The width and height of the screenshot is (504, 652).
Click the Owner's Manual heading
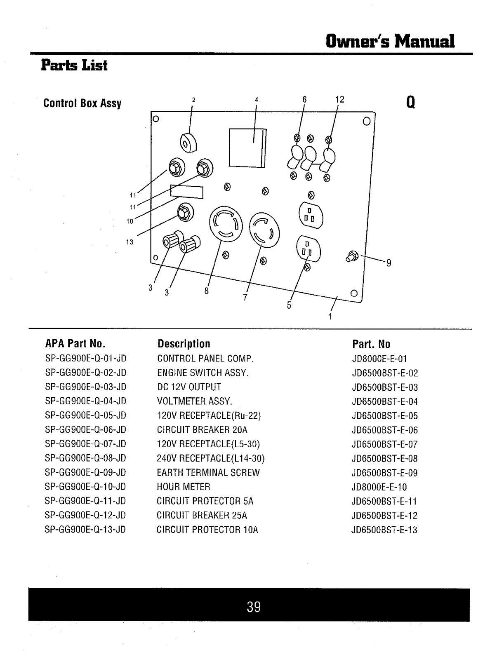click(390, 41)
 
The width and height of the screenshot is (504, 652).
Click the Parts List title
click(74, 66)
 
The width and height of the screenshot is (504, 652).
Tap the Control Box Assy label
click(82, 103)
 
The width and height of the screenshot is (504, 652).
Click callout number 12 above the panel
click(339, 100)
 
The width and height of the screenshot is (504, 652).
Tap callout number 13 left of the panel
click(130, 242)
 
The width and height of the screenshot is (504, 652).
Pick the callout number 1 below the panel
click(330, 317)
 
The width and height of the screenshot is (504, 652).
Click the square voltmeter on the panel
click(247, 148)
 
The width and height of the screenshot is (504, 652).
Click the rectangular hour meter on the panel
click(187, 192)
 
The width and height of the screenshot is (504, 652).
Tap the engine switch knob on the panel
click(188, 142)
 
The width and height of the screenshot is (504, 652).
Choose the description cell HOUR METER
click(184, 487)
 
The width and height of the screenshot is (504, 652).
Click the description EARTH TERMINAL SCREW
click(208, 473)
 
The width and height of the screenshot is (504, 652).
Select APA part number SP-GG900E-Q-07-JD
click(85, 444)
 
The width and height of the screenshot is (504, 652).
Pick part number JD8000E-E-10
click(379, 487)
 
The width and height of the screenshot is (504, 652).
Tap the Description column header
click(184, 344)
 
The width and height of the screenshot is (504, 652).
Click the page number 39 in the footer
click(254, 607)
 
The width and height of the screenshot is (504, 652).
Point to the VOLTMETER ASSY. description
click(195, 401)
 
